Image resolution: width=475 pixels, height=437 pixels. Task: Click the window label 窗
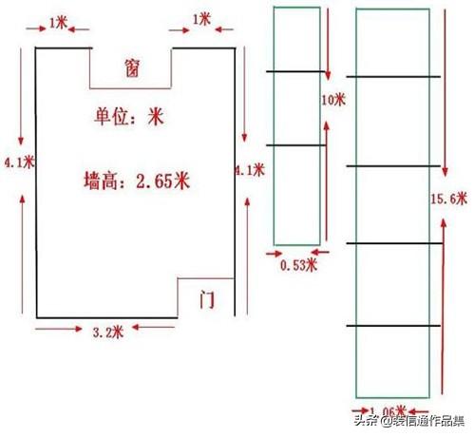[x=132, y=67]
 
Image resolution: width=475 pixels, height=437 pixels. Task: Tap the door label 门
[x=207, y=299]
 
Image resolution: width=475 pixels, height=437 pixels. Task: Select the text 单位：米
[x=129, y=116]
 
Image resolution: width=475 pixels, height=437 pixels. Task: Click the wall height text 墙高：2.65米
[x=137, y=180]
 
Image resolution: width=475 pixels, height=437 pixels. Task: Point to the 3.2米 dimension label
[x=107, y=332]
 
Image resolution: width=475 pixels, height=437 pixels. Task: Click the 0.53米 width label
[x=298, y=265]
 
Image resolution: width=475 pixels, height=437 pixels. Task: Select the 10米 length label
[x=333, y=100]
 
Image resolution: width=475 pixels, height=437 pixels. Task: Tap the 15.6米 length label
[x=448, y=199]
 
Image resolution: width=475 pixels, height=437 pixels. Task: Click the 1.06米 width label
[x=388, y=411]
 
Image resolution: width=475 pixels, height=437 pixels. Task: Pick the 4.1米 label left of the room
[x=19, y=162]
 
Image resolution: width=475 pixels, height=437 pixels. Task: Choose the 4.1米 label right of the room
[x=250, y=170]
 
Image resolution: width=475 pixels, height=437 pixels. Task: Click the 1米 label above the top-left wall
[x=59, y=23]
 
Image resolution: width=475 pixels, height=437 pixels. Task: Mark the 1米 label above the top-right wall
[x=201, y=20]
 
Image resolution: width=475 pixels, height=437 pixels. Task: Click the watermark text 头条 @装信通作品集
[x=409, y=421]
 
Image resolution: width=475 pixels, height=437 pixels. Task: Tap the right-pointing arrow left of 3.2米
[x=59, y=329]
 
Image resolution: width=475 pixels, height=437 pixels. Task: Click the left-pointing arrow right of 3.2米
[x=153, y=327]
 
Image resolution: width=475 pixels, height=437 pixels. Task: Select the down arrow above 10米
[x=328, y=44]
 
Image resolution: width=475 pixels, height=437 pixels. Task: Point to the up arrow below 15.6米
[x=444, y=306]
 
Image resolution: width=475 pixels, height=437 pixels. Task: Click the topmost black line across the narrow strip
[x=295, y=71]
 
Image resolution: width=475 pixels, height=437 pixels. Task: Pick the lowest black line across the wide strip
[x=393, y=326]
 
